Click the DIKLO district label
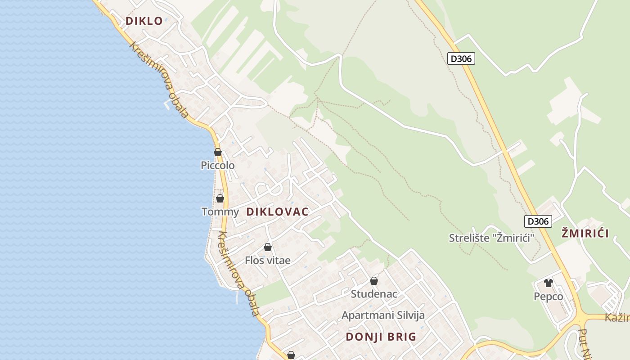click(144, 21)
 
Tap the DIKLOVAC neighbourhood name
click(278, 212)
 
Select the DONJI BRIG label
click(381, 337)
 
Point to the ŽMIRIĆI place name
click(585, 233)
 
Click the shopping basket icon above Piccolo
click(218, 152)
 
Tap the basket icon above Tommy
click(220, 198)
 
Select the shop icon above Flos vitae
click(268, 247)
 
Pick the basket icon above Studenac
click(374, 281)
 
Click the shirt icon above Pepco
click(548, 283)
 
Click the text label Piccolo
click(218, 166)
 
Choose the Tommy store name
click(220, 211)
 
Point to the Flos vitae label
click(268, 260)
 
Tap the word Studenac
click(374, 294)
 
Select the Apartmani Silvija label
click(383, 315)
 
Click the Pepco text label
click(548, 297)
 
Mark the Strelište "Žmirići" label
click(491, 238)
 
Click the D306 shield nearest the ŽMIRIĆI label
click(538, 221)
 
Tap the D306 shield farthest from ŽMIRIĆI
click(461, 58)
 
